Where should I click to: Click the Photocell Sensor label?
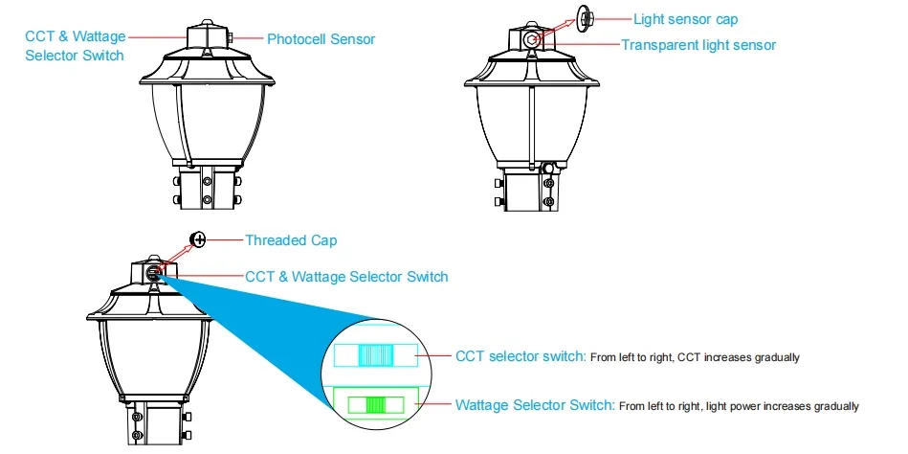321,39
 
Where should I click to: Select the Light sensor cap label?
685,19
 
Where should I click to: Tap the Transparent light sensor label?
698,45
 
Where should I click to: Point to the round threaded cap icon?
199,239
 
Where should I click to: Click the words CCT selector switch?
520,356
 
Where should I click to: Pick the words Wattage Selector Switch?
535,405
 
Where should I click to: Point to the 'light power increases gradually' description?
739,406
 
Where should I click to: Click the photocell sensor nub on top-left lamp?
233,38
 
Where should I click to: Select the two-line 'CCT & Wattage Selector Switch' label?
75,46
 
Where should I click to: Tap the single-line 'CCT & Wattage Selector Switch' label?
346,277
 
